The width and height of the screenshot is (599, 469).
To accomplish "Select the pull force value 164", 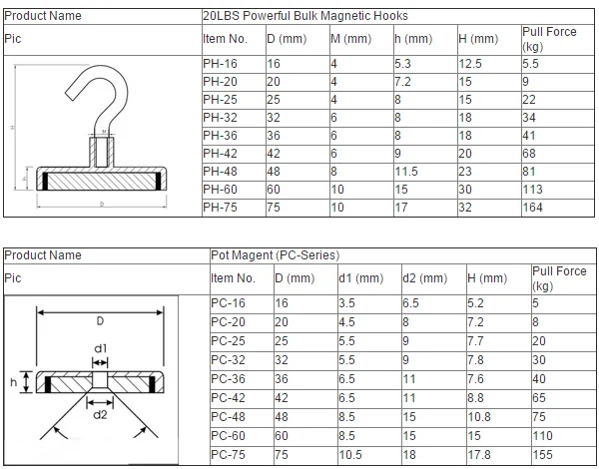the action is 532,208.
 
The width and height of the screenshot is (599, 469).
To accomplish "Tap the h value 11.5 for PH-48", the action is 406,172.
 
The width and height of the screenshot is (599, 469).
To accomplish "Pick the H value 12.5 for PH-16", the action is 470,64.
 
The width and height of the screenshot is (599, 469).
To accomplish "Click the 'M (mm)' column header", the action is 351,39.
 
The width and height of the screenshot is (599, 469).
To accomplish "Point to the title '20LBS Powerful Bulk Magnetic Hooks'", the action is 305,16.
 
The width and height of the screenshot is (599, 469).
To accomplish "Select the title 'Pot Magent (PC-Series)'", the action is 276,255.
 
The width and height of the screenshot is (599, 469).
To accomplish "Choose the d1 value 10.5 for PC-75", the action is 350,455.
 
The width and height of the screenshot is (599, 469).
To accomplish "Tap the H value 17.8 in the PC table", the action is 479,455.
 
